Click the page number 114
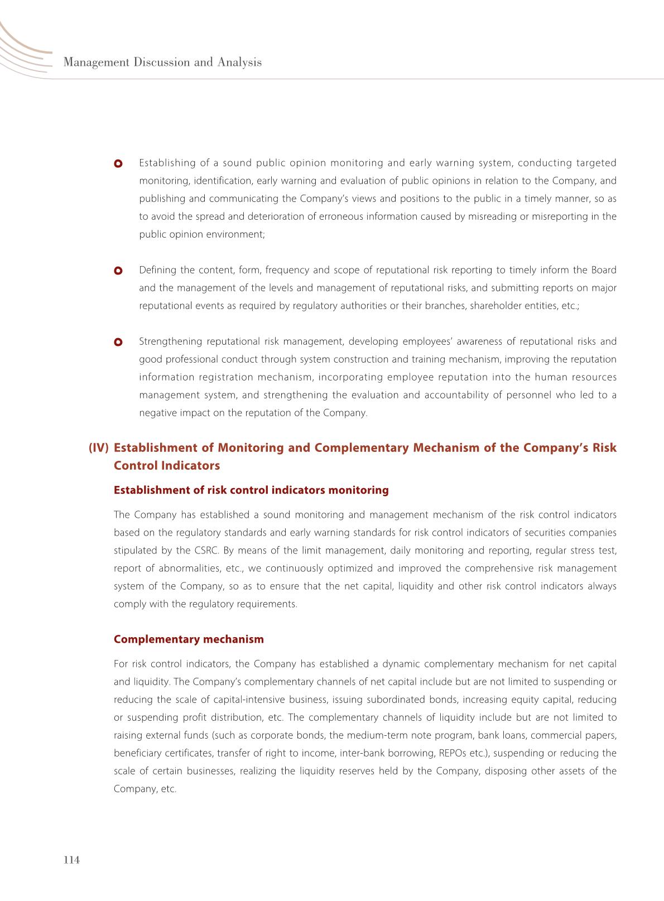pos(72,860)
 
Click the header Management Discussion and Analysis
pos(162,62)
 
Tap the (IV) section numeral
pos(99,448)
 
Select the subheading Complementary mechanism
pos(189,639)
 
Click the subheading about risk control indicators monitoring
pos(251,490)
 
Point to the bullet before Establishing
pos(118,163)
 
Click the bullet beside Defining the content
pos(118,271)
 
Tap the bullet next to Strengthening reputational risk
pos(118,342)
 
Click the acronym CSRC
pos(205,551)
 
